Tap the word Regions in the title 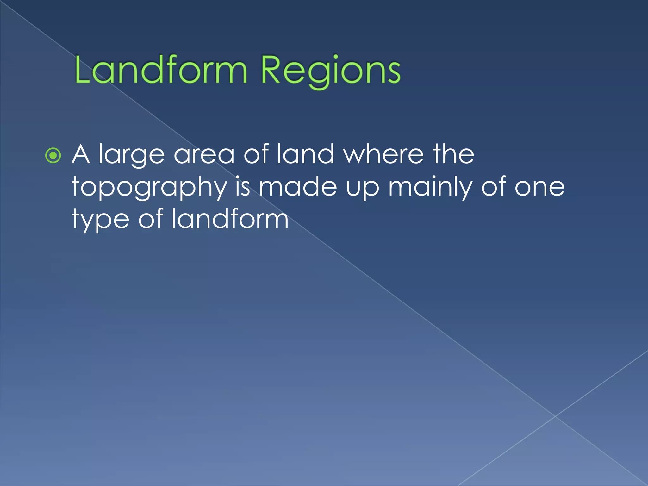coord(331,71)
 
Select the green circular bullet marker coord(53,156)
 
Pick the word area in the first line coord(204,155)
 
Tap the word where coord(383,154)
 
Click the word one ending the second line coord(539,188)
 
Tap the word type coord(101,221)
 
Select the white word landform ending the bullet coord(230,219)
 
